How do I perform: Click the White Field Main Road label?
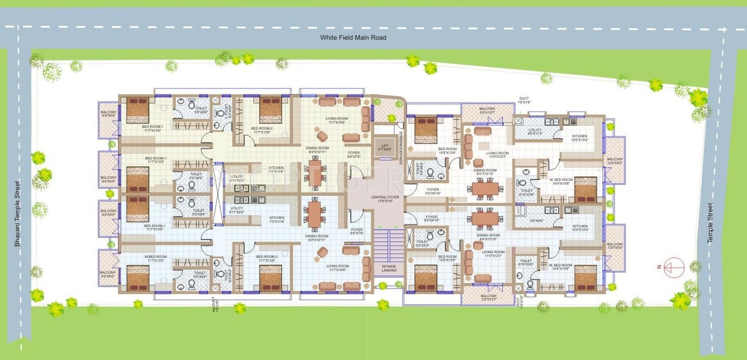[353, 37]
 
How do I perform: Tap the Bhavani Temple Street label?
[18, 213]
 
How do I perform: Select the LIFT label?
[383, 147]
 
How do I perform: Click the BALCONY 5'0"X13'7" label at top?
[486, 111]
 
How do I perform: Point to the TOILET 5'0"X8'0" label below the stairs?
[423, 244]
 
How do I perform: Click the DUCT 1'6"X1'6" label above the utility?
[523, 101]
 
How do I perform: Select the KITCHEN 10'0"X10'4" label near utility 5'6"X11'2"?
[579, 138]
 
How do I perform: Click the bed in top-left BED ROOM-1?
[138, 110]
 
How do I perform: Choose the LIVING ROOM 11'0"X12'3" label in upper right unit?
[497, 155]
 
